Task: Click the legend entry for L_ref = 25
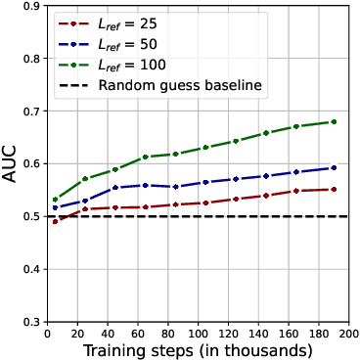coord(126,22)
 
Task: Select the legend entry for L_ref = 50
coord(126,43)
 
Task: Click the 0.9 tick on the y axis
coord(31,6)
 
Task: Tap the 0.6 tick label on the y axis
coord(31,164)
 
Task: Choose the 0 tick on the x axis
coord(47,334)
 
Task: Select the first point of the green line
coord(55,200)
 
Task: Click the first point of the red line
coord(55,222)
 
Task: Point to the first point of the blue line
coord(55,207)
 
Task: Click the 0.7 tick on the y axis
coord(31,112)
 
